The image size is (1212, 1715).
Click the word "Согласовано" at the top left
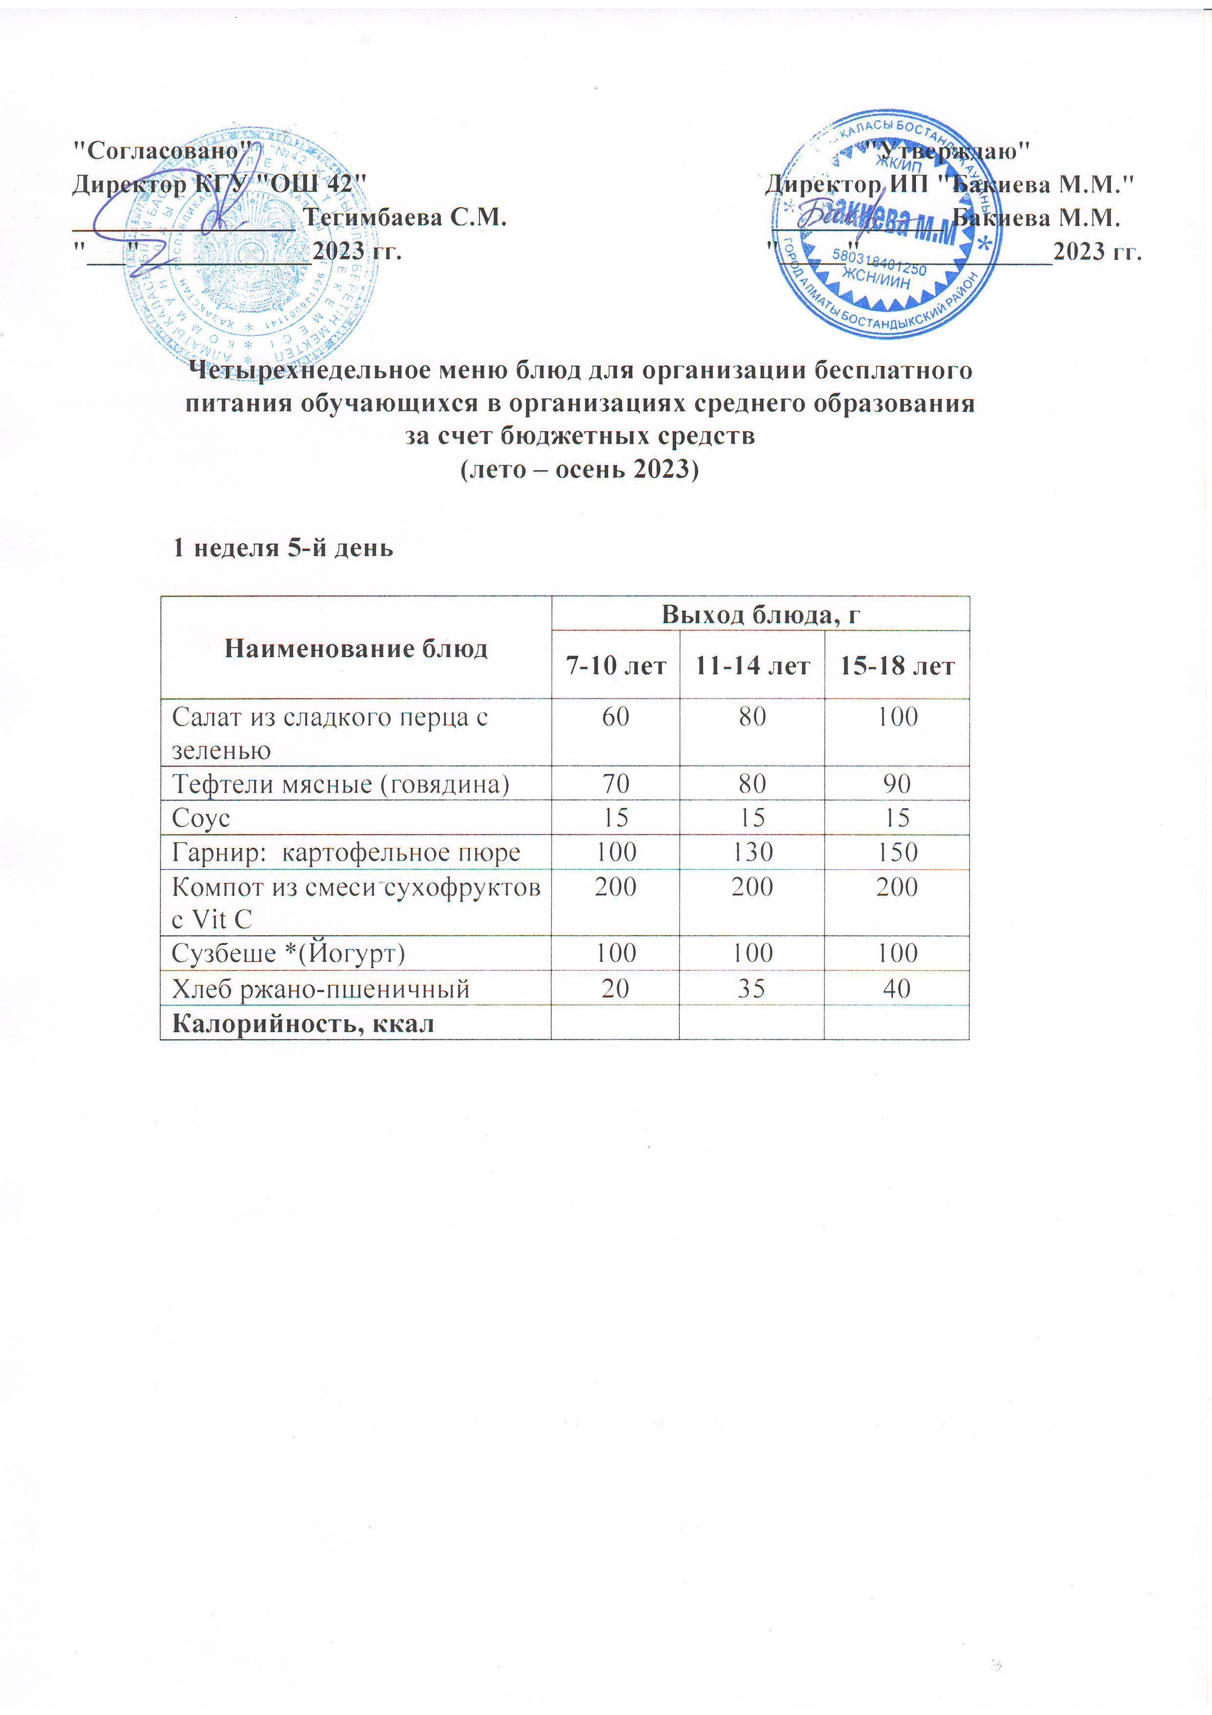(x=162, y=150)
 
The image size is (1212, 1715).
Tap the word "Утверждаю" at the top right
(x=952, y=150)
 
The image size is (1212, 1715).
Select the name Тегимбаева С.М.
(x=408, y=218)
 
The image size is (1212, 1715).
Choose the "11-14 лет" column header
(x=752, y=665)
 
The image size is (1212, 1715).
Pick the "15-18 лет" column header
(x=897, y=665)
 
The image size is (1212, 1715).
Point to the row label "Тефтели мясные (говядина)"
(x=341, y=784)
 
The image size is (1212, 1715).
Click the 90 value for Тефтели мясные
(x=897, y=784)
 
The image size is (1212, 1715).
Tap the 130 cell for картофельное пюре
(x=752, y=852)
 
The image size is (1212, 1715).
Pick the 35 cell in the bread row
(x=752, y=988)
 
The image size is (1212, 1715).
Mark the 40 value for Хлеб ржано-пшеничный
(x=897, y=988)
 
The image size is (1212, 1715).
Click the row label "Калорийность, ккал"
(x=303, y=1023)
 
